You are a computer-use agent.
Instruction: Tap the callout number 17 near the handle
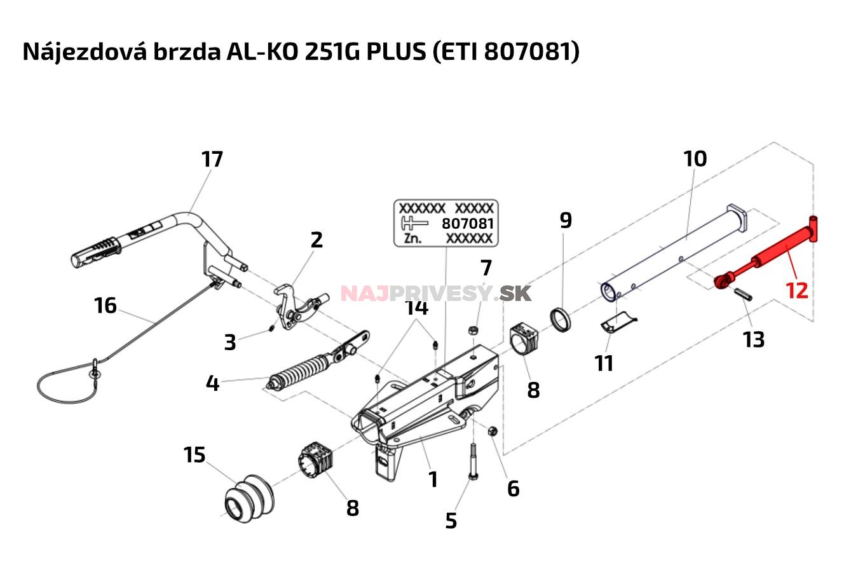click(212, 159)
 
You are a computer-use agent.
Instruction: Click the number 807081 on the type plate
click(467, 224)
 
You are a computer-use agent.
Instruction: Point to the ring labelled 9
click(560, 319)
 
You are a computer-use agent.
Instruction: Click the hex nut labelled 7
click(473, 330)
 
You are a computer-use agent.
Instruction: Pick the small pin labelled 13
click(746, 296)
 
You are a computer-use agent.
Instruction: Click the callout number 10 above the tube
click(695, 158)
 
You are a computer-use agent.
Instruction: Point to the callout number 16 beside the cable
click(106, 306)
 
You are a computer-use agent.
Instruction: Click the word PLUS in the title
click(395, 51)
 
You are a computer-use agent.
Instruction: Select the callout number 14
click(417, 308)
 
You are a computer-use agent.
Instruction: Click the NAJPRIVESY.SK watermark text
click(436, 293)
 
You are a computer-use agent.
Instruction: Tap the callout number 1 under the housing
click(433, 479)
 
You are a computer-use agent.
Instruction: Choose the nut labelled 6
click(493, 432)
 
